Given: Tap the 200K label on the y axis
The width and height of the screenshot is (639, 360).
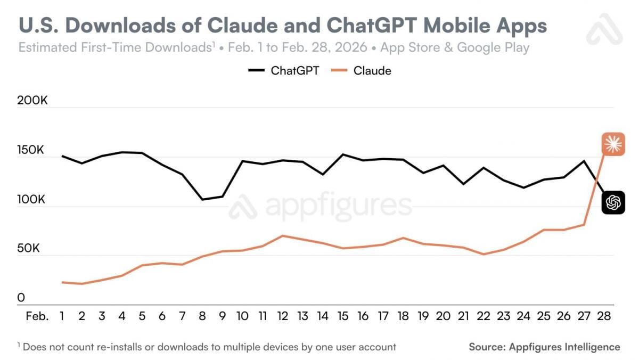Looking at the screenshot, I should coord(32,100).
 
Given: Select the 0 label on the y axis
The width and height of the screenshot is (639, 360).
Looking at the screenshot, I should coord(21,298).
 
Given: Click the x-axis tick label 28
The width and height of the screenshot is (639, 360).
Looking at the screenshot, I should coord(604,316).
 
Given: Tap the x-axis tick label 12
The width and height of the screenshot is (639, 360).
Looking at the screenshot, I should coord(283,316).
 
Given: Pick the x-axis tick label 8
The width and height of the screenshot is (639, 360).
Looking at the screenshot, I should coord(202,316).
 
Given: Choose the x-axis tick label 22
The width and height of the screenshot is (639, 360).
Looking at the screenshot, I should coord(484,316).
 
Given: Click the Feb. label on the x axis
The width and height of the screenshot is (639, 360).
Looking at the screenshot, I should coord(37,316).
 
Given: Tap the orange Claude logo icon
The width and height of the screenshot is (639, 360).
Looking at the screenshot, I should coord(613,144).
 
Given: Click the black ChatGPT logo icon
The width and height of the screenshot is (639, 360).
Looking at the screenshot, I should coord(613,202).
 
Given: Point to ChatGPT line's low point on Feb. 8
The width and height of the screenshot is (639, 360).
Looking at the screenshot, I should coord(202,200).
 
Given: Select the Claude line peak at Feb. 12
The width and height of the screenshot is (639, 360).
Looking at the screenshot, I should coord(283,235).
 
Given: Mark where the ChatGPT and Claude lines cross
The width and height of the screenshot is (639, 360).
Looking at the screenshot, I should coord(596,182).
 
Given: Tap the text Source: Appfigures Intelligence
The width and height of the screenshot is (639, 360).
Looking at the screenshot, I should coord(544,347).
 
